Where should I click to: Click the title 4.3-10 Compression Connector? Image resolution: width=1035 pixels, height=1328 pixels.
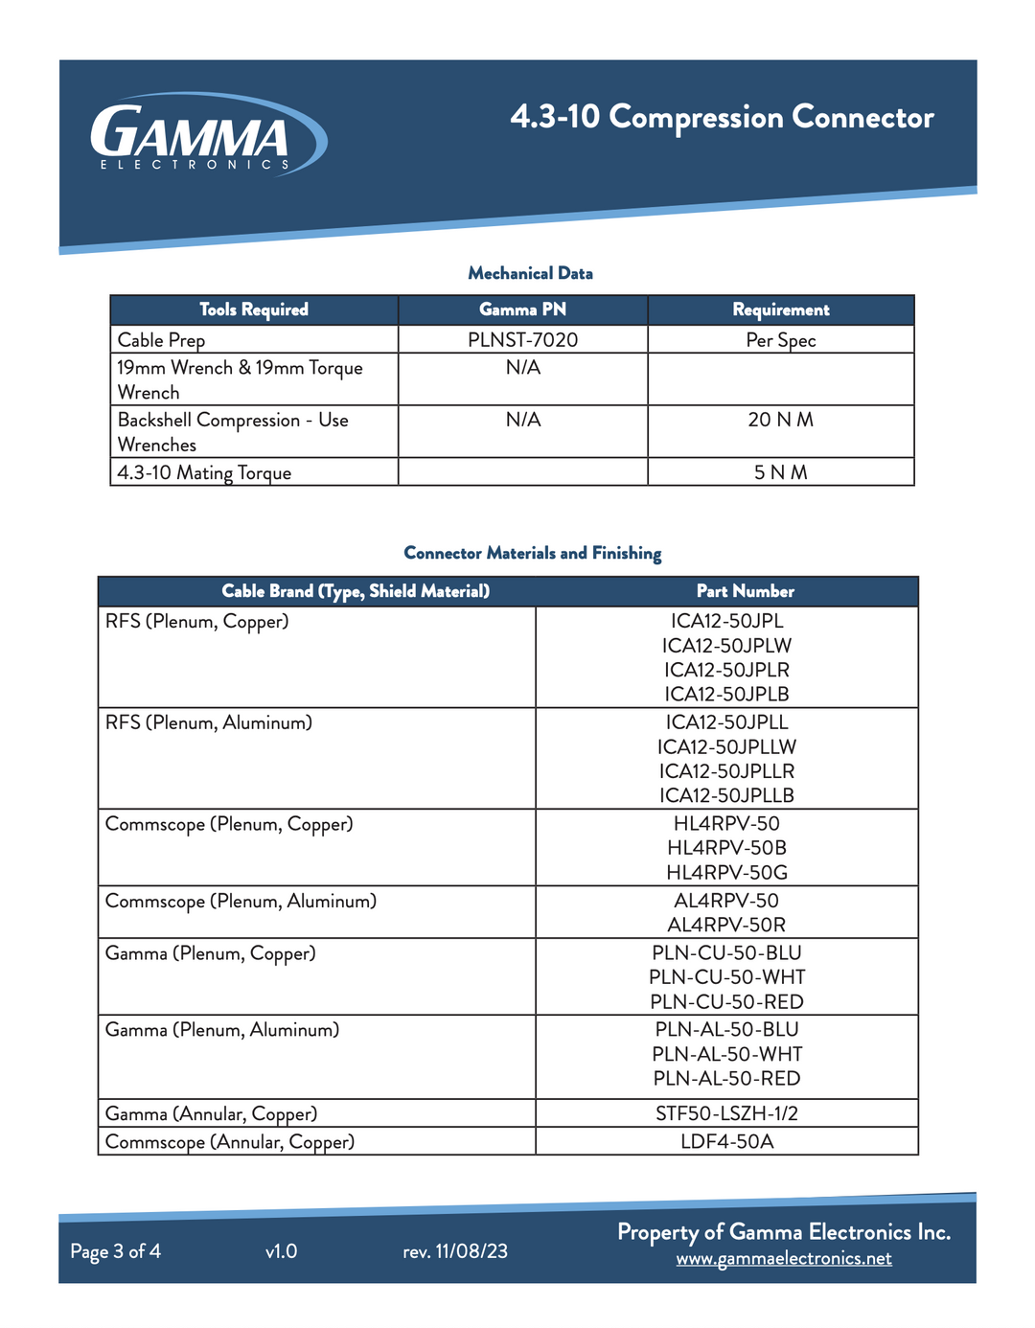tap(722, 117)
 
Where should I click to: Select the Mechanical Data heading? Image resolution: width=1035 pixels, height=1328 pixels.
tap(530, 273)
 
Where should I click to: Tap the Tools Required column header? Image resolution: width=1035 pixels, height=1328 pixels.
tap(254, 309)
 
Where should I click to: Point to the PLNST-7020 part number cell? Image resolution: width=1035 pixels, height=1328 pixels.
tap(522, 340)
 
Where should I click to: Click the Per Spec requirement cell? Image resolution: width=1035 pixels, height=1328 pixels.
tap(781, 340)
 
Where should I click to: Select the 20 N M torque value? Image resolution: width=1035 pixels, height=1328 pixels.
tap(781, 420)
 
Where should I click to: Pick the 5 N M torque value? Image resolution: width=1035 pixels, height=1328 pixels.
tap(781, 472)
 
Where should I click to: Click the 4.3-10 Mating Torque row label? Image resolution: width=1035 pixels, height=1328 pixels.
tap(204, 472)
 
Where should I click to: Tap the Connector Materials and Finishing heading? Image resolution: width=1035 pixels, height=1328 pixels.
tap(533, 553)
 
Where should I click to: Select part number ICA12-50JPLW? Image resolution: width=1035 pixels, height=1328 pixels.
tap(726, 646)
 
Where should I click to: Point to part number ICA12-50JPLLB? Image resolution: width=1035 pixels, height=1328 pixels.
tap(726, 795)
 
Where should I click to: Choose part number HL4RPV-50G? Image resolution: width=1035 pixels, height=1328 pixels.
tap(726, 872)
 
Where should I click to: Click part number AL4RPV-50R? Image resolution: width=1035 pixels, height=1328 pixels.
tap(726, 925)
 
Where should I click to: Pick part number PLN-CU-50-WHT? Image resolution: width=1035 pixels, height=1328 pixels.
tap(726, 976)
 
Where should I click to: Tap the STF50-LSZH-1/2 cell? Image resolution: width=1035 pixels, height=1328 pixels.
tap(726, 1113)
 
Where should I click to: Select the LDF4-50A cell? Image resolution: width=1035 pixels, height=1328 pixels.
tap(726, 1141)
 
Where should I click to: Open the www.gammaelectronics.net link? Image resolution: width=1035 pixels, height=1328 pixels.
tap(784, 1258)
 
